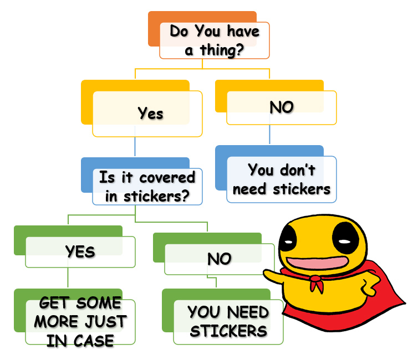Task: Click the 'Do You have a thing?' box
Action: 214,40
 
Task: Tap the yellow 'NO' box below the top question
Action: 281,107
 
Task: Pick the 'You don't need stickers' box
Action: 281,179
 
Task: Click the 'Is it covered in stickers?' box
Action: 147,187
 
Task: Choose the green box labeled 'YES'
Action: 80,252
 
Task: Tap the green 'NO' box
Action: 219,259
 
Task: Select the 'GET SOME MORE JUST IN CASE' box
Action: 80,322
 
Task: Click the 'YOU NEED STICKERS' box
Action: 228,322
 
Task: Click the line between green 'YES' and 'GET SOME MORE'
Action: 68,277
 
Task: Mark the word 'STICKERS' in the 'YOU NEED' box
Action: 228,331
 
